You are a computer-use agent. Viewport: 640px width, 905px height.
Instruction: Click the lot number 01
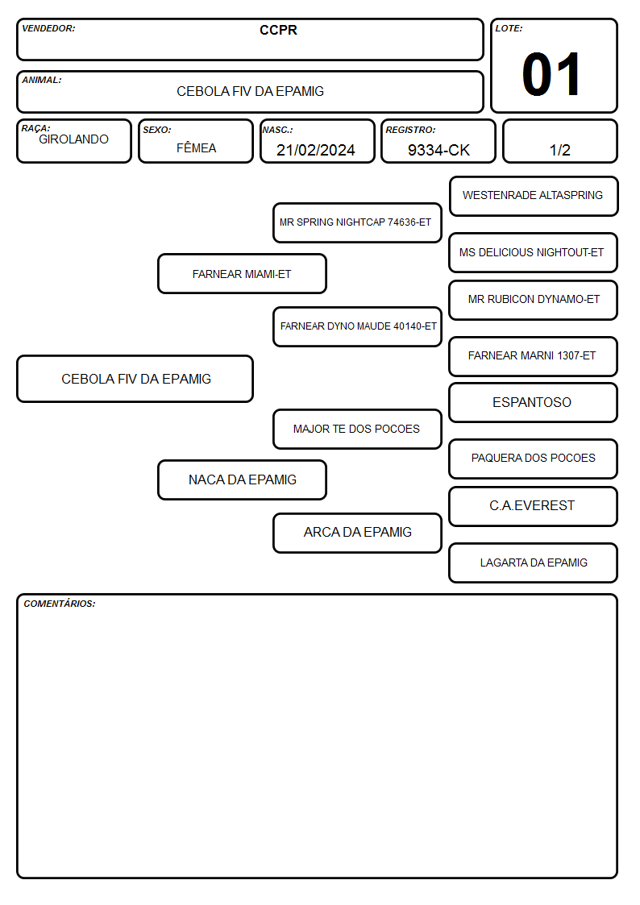click(x=551, y=74)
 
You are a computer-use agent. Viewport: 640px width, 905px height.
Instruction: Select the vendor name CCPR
click(x=278, y=30)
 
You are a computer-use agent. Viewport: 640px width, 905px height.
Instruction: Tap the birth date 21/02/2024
click(x=316, y=150)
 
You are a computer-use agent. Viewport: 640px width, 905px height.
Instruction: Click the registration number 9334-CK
click(x=438, y=150)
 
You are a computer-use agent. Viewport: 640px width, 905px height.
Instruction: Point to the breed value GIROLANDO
click(x=73, y=139)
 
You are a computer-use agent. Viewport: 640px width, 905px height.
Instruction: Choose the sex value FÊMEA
click(x=196, y=147)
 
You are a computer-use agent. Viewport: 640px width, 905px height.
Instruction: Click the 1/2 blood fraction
click(x=559, y=150)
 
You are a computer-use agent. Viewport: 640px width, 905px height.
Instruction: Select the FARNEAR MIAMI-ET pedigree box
click(x=242, y=273)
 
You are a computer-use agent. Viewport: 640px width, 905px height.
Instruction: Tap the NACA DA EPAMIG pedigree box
click(x=242, y=479)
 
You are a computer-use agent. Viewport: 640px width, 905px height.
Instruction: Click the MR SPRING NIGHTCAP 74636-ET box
click(x=357, y=222)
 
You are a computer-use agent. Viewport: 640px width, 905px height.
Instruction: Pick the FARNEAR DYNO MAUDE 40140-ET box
click(x=357, y=326)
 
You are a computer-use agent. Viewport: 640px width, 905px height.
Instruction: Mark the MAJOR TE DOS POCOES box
click(x=357, y=429)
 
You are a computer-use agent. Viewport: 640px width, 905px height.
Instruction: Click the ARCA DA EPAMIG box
click(x=357, y=533)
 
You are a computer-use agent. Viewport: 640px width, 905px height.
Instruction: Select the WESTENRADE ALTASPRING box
click(x=534, y=196)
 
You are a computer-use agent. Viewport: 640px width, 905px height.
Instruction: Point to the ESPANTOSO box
click(x=533, y=402)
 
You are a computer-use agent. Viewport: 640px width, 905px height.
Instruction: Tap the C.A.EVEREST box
click(x=533, y=506)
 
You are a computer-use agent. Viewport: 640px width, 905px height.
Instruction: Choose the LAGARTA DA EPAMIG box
click(x=533, y=563)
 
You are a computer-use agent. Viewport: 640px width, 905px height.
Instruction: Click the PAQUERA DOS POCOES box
click(x=533, y=459)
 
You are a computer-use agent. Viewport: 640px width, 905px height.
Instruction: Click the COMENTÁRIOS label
click(x=60, y=604)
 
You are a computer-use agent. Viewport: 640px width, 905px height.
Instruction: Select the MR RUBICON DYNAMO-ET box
click(x=533, y=300)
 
